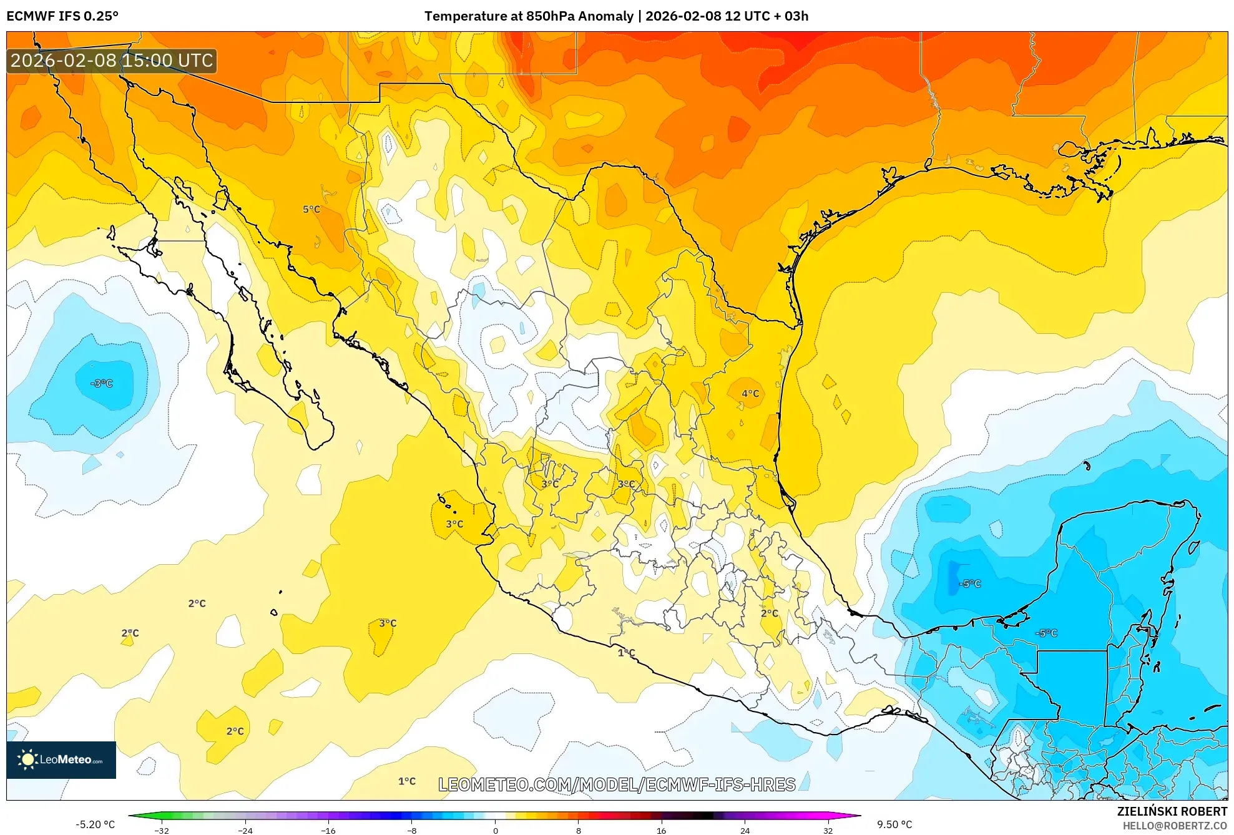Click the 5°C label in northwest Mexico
pyautogui.click(x=311, y=210)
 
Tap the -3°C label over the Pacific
pyautogui.click(x=102, y=383)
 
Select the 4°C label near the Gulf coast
pyautogui.click(x=750, y=394)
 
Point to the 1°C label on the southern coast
pyautogui.click(x=626, y=653)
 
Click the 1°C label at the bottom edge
pyautogui.click(x=406, y=781)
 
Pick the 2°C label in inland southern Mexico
pyautogui.click(x=770, y=613)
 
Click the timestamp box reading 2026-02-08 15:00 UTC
pyautogui.click(x=112, y=61)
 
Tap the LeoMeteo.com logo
pyautogui.click(x=61, y=759)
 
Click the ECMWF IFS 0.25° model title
pyautogui.click(x=62, y=16)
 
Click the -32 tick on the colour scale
pyautogui.click(x=162, y=831)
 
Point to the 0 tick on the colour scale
pyautogui.click(x=495, y=831)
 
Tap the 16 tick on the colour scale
pyautogui.click(x=661, y=831)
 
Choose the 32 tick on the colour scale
pyautogui.click(x=827, y=831)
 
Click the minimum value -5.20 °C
pyautogui.click(x=95, y=824)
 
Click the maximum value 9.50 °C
pyautogui.click(x=894, y=824)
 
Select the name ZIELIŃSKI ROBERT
pyautogui.click(x=1172, y=811)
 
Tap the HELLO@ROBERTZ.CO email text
pyautogui.click(x=1175, y=826)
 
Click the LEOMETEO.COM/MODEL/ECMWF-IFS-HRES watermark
pyautogui.click(x=617, y=784)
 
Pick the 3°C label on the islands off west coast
pyautogui.click(x=454, y=524)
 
